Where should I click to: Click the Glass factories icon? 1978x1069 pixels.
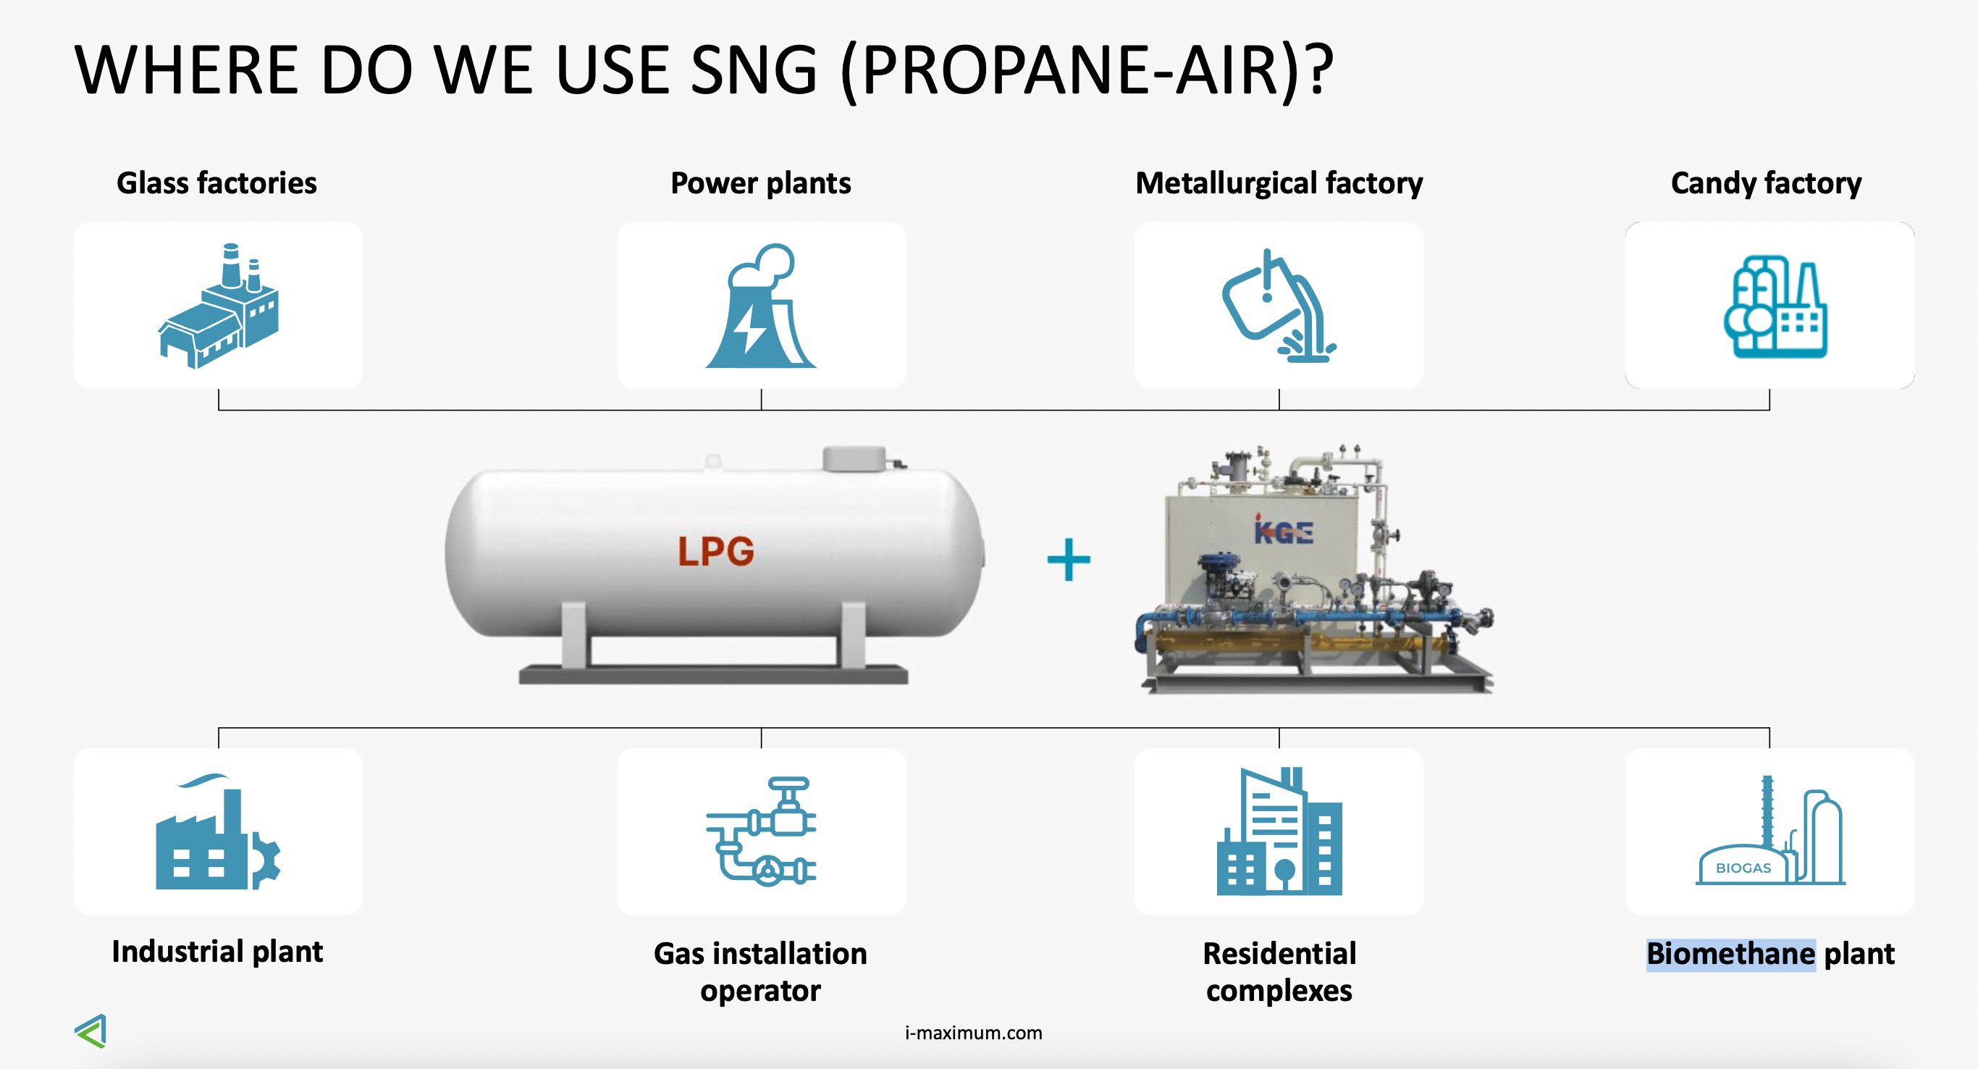click(x=219, y=306)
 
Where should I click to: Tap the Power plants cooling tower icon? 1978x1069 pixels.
click(x=760, y=306)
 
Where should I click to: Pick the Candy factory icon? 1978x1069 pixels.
click(x=1775, y=306)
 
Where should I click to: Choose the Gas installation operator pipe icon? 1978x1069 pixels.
click(x=761, y=831)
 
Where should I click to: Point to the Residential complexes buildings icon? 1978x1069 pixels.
click(x=1279, y=831)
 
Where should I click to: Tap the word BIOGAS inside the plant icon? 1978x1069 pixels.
click(x=1743, y=868)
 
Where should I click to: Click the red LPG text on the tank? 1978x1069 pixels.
click(x=715, y=550)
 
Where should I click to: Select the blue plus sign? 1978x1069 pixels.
click(x=1069, y=559)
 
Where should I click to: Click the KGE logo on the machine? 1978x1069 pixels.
click(x=1283, y=530)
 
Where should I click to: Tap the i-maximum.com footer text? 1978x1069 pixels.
click(x=973, y=1033)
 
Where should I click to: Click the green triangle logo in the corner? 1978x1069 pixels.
click(x=91, y=1031)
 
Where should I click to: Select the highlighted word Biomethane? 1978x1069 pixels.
click(x=1730, y=954)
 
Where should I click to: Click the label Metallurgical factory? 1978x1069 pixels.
click(x=1279, y=183)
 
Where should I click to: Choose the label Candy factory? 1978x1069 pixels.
click(x=1766, y=183)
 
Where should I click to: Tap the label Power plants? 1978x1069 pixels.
click(x=760, y=183)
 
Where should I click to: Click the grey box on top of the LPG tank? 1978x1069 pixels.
click(x=854, y=458)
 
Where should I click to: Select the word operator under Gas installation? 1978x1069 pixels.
click(x=760, y=992)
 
